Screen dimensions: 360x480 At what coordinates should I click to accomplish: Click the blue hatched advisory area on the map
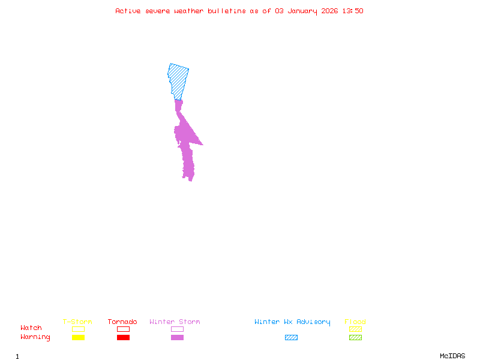point(178,79)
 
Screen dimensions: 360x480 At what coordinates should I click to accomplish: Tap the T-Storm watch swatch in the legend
point(78,329)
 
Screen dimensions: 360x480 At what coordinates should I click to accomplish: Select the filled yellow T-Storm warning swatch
point(78,337)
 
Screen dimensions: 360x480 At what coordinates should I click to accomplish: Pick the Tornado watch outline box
point(123,329)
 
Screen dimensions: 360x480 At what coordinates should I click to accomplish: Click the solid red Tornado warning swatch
point(123,337)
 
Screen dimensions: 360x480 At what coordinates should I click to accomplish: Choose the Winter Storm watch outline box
point(177,329)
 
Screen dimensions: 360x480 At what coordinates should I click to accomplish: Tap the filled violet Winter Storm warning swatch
point(177,337)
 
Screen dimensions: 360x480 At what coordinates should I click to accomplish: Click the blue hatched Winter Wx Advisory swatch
point(291,337)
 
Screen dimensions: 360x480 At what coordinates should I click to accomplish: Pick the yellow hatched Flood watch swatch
point(355,329)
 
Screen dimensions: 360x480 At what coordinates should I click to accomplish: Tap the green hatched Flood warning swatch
point(355,337)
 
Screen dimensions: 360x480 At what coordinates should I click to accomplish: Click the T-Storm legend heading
point(77,322)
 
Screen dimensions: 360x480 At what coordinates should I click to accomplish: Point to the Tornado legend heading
point(122,322)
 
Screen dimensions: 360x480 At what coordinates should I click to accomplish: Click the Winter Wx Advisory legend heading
point(292,322)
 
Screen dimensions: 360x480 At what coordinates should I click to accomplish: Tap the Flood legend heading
point(355,322)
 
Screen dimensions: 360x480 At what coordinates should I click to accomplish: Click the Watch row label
point(31,328)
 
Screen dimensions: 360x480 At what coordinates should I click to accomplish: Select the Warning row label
point(35,337)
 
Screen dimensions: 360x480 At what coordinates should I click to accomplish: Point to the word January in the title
point(302,11)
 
